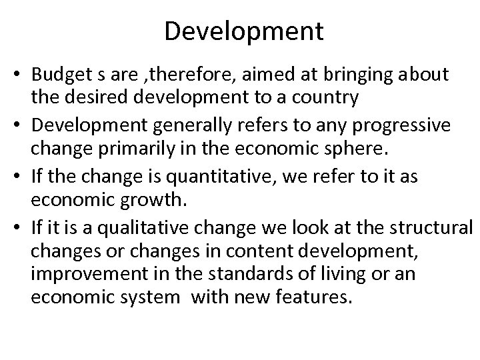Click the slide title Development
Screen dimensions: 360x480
click(x=243, y=30)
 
